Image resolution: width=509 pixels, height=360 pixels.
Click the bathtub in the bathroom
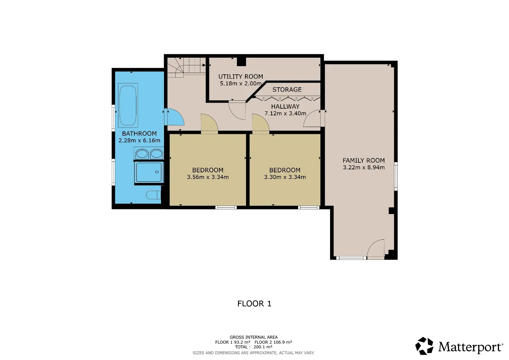(128, 105)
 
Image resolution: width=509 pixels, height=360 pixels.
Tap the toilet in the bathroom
(153, 195)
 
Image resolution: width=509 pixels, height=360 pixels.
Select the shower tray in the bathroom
(149, 172)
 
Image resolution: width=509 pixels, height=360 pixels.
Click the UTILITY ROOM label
(241, 77)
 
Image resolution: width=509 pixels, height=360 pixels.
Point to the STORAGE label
(287, 90)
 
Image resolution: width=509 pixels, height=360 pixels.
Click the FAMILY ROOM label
(364, 160)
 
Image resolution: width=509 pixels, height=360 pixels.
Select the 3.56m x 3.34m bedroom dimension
(208, 177)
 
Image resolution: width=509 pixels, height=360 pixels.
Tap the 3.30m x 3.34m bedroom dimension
(285, 177)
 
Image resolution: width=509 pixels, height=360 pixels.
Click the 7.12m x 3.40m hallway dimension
(285, 113)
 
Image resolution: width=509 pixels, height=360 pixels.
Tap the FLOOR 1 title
(254, 304)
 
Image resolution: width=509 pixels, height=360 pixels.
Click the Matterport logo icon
(424, 346)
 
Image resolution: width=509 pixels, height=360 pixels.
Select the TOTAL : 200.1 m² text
(253, 347)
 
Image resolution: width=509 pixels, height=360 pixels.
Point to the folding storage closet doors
(288, 99)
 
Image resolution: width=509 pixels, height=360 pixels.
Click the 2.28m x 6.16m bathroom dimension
(139, 140)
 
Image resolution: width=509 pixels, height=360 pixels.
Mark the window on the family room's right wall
(396, 176)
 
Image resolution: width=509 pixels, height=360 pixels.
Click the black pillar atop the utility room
(241, 62)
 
